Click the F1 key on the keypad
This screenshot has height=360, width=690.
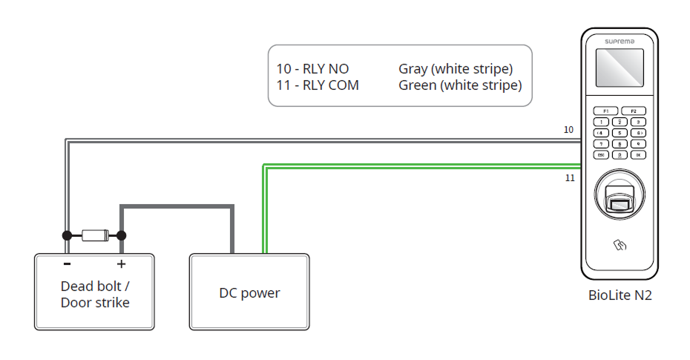(605, 111)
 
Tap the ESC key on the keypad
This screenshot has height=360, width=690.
(602, 154)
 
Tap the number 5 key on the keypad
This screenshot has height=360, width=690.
(620, 133)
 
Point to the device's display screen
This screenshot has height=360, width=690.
(620, 72)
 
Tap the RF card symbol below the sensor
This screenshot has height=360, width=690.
(620, 243)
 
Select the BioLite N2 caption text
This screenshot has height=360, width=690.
(620, 295)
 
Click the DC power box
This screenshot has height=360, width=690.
(249, 292)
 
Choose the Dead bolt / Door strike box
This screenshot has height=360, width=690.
(95, 292)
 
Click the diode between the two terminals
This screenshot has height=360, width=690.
(94, 235)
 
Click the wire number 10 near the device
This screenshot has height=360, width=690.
(568, 130)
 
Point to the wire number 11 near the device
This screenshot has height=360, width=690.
(569, 178)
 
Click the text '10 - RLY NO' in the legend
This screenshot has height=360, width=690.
(312, 69)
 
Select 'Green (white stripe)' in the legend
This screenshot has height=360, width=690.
(460, 85)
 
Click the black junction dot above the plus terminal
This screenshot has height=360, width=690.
(122, 235)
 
